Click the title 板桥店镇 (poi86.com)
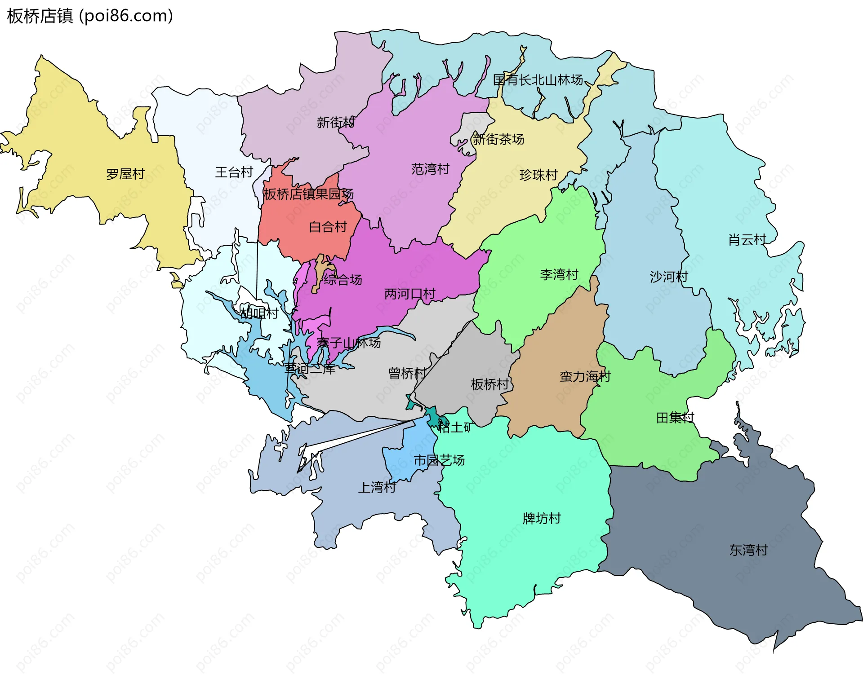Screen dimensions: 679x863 pyautogui.click(x=90, y=16)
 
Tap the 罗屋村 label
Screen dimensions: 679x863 pyautogui.click(x=125, y=174)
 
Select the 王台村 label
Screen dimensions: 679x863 pyautogui.click(x=234, y=172)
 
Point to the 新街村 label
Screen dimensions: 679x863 pyautogui.click(x=335, y=122)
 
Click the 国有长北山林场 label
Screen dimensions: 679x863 pyautogui.click(x=538, y=80)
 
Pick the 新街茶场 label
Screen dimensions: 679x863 pyautogui.click(x=498, y=139)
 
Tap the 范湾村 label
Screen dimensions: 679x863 pyautogui.click(x=430, y=169)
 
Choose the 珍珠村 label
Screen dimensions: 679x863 pyautogui.click(x=538, y=175)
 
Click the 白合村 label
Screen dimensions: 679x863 pyautogui.click(x=328, y=227)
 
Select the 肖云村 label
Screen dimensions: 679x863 pyautogui.click(x=747, y=240)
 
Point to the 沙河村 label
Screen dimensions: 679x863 pyautogui.click(x=668, y=277)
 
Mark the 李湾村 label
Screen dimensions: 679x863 pyautogui.click(x=559, y=274)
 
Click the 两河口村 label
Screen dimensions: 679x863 pyautogui.click(x=409, y=294)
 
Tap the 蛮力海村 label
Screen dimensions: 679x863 pyautogui.click(x=585, y=376)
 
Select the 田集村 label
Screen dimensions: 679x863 pyautogui.click(x=675, y=418)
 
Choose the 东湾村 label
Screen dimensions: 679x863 pyautogui.click(x=748, y=550)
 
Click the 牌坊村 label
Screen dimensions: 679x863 pyautogui.click(x=542, y=519)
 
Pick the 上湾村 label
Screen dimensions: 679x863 pyautogui.click(x=377, y=487)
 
